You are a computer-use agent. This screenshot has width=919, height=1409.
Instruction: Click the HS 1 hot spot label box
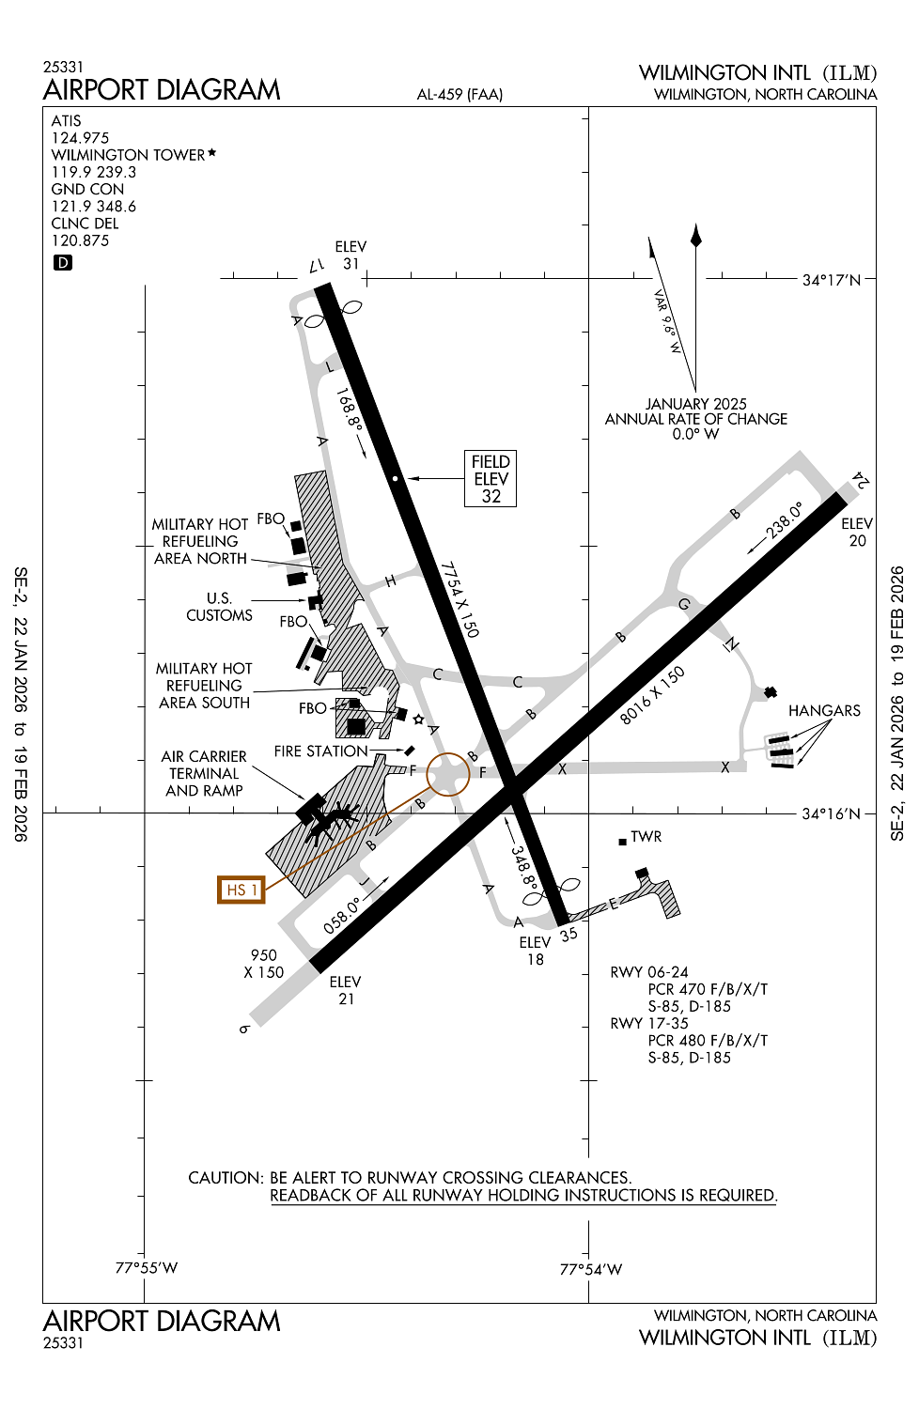pyautogui.click(x=241, y=890)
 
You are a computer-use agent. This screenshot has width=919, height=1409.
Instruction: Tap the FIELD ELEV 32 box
pyautogui.click(x=491, y=479)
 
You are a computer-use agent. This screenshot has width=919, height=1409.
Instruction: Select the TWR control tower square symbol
pyautogui.click(x=622, y=842)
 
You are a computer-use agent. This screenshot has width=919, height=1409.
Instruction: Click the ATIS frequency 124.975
pyautogui.click(x=80, y=138)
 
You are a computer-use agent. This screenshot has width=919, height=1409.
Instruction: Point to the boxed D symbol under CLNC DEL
pyautogui.click(x=63, y=263)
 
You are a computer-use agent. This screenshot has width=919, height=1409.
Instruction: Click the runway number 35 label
pyautogui.click(x=569, y=935)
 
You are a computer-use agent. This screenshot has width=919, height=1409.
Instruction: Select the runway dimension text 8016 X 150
pyautogui.click(x=652, y=695)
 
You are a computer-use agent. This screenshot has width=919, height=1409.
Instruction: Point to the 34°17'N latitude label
pyautogui.click(x=831, y=280)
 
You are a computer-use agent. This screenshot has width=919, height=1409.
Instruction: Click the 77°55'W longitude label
pyautogui.click(x=147, y=1268)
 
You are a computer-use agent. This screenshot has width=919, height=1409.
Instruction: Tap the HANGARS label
pyautogui.click(x=824, y=711)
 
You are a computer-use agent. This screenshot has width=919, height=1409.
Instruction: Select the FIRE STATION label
pyautogui.click(x=320, y=751)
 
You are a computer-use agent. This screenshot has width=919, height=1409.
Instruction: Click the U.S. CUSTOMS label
pyautogui.click(x=219, y=607)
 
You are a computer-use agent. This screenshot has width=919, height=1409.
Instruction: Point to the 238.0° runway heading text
pyautogui.click(x=785, y=520)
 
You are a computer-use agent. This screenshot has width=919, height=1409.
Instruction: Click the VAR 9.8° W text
pyautogui.click(x=666, y=321)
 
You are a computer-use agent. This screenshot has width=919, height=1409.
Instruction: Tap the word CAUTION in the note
pyautogui.click(x=225, y=1178)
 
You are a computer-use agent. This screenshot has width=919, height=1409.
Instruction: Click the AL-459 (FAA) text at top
pyautogui.click(x=459, y=95)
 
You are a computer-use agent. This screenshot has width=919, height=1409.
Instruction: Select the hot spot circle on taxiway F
pyautogui.click(x=448, y=774)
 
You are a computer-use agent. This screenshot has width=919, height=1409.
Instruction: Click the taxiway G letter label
pyautogui.click(x=684, y=604)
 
